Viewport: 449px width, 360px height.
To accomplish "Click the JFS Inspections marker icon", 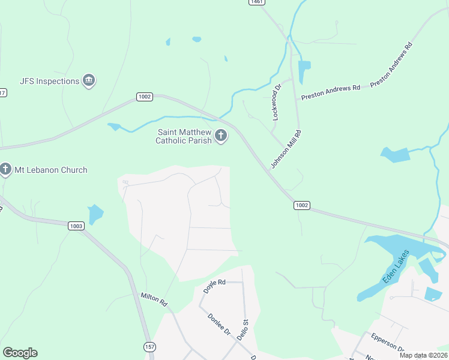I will point(89,81).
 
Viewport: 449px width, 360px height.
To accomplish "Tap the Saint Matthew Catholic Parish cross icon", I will point(221,136).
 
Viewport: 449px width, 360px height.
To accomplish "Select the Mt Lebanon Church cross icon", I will point(5,170).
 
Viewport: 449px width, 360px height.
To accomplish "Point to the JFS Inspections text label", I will point(49,81).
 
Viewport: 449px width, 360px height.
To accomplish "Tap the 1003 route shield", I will point(76,226).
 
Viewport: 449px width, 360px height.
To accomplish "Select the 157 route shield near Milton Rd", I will point(150,347).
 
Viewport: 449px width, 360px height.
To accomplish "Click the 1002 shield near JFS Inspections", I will point(145,97).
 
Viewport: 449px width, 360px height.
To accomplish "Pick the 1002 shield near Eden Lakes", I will point(302,205).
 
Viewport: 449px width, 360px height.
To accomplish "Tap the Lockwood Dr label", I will point(277,103).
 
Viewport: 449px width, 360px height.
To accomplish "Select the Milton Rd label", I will point(154,299).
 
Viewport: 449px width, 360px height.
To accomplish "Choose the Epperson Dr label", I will point(387,344).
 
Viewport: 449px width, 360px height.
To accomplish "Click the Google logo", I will point(20,353).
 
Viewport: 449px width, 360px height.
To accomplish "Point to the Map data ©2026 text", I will point(423,355).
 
